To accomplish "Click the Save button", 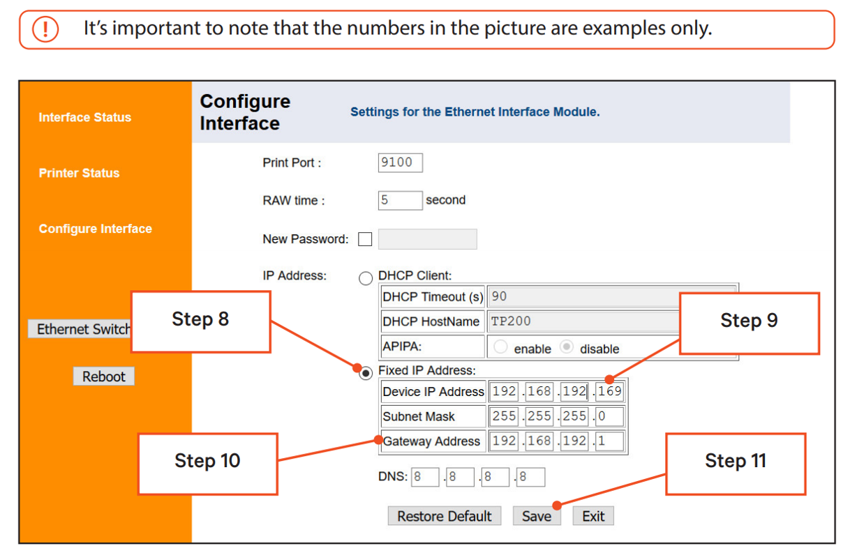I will [537, 516].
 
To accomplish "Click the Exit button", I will [593, 516].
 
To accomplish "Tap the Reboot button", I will [103, 377].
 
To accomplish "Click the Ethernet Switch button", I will [80, 329].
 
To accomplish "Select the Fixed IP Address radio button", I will [366, 374].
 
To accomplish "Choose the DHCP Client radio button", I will [366, 279].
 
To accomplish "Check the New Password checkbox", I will [365, 239].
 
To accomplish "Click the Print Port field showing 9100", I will [400, 162].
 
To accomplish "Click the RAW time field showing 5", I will [400, 200].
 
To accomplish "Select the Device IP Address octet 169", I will [610, 392].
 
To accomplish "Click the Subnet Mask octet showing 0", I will [610, 416].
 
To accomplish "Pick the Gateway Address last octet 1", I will [610, 441].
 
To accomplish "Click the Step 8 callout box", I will [200, 321].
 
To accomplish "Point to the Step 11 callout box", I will [736, 462].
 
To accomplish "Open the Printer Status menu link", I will [79, 173].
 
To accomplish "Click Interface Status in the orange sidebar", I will [84, 117].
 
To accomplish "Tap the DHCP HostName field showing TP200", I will [583, 321].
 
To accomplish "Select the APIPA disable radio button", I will [567, 347].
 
